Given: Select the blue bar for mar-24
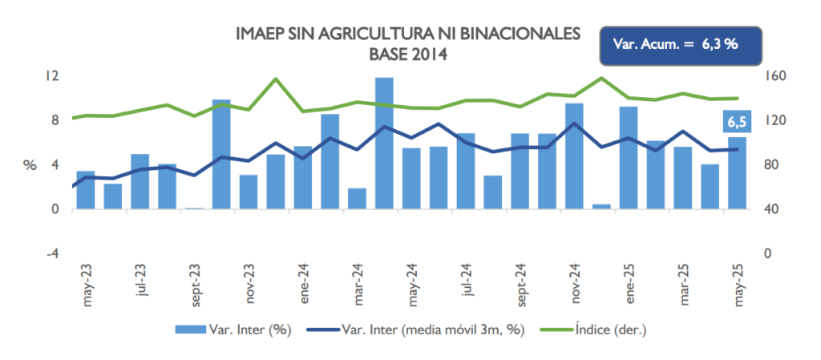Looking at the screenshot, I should pyautogui.click(x=358, y=199).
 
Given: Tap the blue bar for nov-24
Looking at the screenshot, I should pyautogui.click(x=574, y=156).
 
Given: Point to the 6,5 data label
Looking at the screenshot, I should pyautogui.click(x=737, y=122).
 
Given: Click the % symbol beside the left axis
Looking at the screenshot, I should pyautogui.click(x=30, y=166).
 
